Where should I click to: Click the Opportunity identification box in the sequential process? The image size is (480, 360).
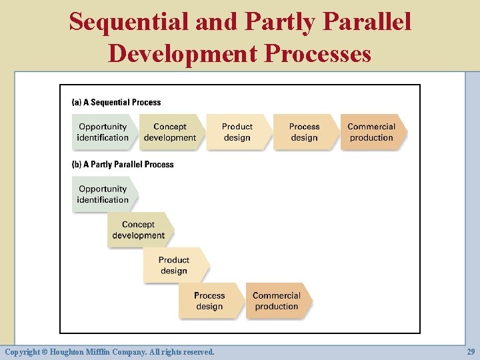click(x=103, y=132)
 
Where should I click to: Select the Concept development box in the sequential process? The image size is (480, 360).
click(x=170, y=132)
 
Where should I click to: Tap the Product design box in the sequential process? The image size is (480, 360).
click(x=237, y=132)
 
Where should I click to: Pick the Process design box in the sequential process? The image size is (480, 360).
click(x=305, y=132)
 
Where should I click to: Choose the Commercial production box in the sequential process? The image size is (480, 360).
click(x=371, y=132)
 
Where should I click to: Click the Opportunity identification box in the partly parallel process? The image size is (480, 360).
click(x=103, y=194)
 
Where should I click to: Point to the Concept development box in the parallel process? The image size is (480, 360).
click(x=139, y=230)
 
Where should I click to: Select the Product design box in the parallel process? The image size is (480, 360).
click(x=174, y=265)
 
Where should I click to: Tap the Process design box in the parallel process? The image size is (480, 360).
click(x=209, y=301)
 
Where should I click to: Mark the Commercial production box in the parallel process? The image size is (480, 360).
click(x=277, y=301)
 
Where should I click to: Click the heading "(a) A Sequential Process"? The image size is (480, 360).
click(x=116, y=103)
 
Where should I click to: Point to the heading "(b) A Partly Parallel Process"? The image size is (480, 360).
click(x=123, y=165)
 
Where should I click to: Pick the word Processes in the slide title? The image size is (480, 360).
click(x=318, y=53)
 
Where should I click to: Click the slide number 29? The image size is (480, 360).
click(x=471, y=351)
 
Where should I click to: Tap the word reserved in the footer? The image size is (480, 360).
click(x=197, y=351)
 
